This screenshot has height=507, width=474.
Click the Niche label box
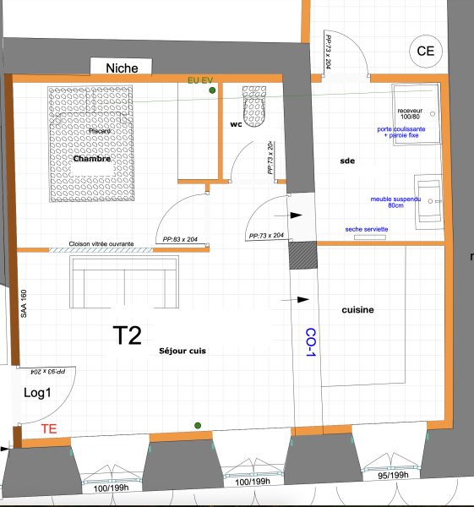tap(122, 68)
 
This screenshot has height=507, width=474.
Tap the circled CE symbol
tap(424, 51)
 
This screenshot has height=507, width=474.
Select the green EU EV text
tap(201, 79)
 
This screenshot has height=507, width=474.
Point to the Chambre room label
tap(93, 158)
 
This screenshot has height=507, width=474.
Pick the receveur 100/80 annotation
tap(414, 114)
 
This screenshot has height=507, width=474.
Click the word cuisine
tap(357, 310)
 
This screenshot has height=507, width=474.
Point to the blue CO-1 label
tap(310, 341)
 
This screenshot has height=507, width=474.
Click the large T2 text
tap(128, 335)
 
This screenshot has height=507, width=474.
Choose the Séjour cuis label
tap(182, 350)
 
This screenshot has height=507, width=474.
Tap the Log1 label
tap(37, 393)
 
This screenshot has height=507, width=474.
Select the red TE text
tap(50, 429)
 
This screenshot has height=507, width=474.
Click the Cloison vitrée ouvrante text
tap(101, 243)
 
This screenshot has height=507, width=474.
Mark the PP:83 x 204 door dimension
tap(179, 239)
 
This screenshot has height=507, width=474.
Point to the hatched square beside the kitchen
tap(301, 255)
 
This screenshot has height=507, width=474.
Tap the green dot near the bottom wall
tap(198, 425)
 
